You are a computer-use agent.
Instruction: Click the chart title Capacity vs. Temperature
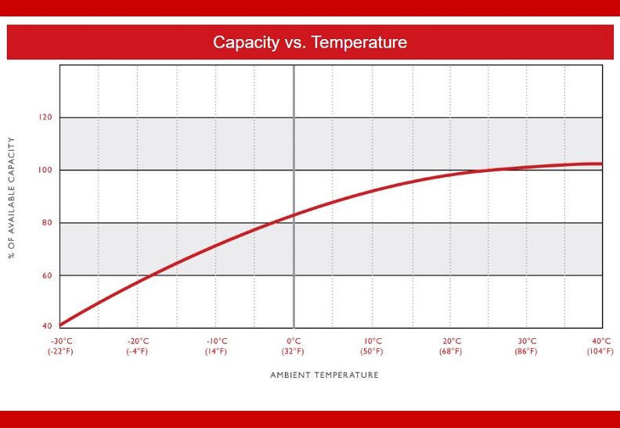tap(310, 42)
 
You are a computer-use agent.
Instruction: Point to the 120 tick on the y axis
tap(45, 117)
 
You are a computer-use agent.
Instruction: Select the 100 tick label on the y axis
tap(45, 170)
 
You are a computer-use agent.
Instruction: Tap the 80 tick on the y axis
tap(45, 223)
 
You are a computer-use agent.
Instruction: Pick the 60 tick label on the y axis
tap(45, 275)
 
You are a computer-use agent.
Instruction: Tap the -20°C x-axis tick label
tap(138, 341)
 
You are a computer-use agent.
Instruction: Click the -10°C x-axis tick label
tap(217, 341)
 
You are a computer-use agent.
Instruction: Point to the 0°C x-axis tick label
tap(294, 341)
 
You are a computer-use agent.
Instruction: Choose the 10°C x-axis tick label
tap(373, 341)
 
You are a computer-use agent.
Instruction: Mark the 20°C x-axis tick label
tap(451, 341)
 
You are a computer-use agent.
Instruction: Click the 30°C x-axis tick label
tap(527, 341)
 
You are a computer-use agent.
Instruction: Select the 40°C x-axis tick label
tap(601, 341)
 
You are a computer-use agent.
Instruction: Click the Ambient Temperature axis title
tap(324, 375)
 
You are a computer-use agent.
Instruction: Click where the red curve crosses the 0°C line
tap(294, 215)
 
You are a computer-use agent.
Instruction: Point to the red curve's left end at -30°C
tap(61, 325)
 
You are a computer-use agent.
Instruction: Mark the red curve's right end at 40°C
tap(601, 164)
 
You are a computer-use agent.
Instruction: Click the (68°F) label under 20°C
tap(451, 351)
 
